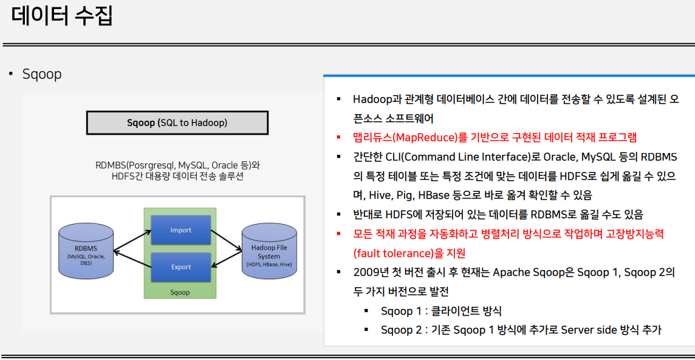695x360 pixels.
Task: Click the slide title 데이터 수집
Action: click(x=62, y=15)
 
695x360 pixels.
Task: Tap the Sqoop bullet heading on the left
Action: click(x=42, y=74)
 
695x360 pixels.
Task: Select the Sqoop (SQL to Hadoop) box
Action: click(x=177, y=123)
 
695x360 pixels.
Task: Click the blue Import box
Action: click(x=181, y=230)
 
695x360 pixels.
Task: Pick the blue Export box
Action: click(x=181, y=267)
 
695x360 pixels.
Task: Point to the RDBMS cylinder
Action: click(x=86, y=251)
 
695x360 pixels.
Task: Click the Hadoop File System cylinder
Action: click(x=269, y=251)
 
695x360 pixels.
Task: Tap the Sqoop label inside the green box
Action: click(x=180, y=292)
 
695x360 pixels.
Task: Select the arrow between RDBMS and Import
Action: click(x=132, y=242)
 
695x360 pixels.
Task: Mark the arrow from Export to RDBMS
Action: click(x=132, y=259)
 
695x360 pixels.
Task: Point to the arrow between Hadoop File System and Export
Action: click(x=227, y=259)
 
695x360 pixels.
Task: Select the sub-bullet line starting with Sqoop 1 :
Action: click(x=441, y=311)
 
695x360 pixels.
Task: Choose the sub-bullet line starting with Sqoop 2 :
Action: click(x=521, y=330)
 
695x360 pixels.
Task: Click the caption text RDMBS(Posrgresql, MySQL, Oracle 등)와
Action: click(x=177, y=166)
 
